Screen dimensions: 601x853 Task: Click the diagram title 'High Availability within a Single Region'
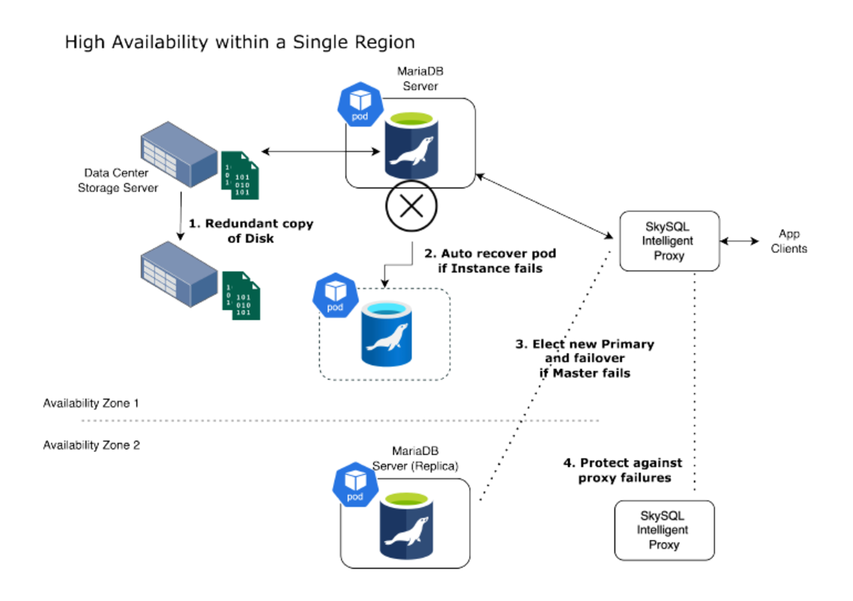pos(240,43)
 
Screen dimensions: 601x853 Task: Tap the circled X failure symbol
pos(411,206)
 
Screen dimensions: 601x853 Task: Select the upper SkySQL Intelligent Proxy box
pos(669,241)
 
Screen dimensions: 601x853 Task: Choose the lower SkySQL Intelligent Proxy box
pos(664,530)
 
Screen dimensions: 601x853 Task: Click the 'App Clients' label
pos(789,241)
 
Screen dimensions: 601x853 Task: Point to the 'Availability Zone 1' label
pos(91,403)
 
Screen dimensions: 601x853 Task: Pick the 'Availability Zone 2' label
pos(91,445)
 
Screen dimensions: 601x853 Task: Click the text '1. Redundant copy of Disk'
pos(251,231)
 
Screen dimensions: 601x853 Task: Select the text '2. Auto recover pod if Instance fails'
pos(490,261)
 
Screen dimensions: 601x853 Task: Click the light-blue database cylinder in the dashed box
pos(386,334)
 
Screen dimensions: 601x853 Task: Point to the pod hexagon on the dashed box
pos(335,295)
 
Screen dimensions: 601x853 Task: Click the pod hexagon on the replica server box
pos(355,485)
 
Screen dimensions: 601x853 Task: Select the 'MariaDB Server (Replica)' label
pos(415,458)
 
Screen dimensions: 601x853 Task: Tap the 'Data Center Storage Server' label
pos(117,180)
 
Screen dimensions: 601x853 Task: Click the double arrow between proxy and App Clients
pos(739,241)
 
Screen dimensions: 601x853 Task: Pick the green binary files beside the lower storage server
pos(241,296)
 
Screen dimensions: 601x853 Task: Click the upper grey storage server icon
pos(179,154)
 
